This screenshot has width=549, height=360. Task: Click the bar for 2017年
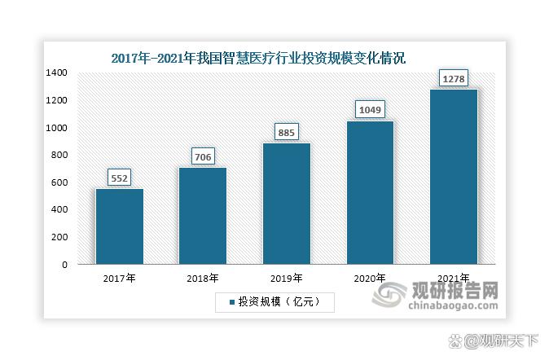pyautogui.click(x=120, y=226)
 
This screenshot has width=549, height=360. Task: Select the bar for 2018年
pyautogui.click(x=203, y=216)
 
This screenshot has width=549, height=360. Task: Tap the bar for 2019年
pyautogui.click(x=286, y=204)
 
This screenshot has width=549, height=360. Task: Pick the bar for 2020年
pyautogui.click(x=370, y=192)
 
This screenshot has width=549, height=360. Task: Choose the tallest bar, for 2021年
pyautogui.click(x=453, y=177)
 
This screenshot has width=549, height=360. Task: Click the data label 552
pyautogui.click(x=120, y=178)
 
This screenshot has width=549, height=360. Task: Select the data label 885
pyautogui.click(x=286, y=132)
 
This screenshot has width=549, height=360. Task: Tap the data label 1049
pyautogui.click(x=370, y=109)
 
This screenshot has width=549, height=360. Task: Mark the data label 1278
pyautogui.click(x=453, y=78)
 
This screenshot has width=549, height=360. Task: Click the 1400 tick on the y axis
pyautogui.click(x=57, y=72)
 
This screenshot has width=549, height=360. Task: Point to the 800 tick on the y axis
pyautogui.click(x=60, y=155)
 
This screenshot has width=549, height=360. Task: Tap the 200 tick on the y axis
pyautogui.click(x=60, y=237)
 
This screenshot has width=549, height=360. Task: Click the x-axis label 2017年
pyautogui.click(x=120, y=279)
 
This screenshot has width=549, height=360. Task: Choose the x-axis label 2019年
pyautogui.click(x=286, y=279)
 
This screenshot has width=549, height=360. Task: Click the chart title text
pyautogui.click(x=257, y=59)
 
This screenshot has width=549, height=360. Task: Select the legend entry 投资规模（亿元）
pyautogui.click(x=274, y=302)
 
